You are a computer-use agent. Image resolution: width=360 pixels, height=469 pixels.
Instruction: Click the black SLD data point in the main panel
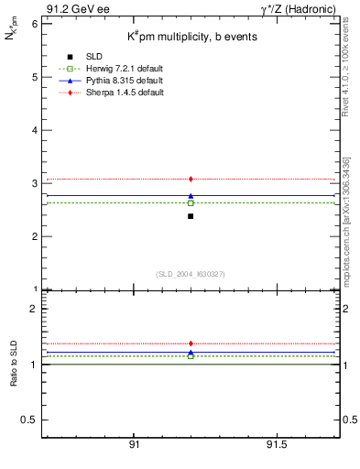tap(191, 216)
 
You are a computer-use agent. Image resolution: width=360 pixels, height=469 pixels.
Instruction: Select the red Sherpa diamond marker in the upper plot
tap(191, 179)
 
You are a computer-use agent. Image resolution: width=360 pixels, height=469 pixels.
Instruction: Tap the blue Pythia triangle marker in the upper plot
tap(191, 196)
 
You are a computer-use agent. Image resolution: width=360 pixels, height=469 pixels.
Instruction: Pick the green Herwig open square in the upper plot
tap(191, 203)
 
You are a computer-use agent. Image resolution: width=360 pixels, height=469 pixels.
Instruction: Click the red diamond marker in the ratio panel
tap(191, 344)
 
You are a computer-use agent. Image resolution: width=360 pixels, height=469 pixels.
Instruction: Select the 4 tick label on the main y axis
tap(34, 130)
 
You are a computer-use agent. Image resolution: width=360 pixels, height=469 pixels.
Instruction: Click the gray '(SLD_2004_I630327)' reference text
tap(190, 274)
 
